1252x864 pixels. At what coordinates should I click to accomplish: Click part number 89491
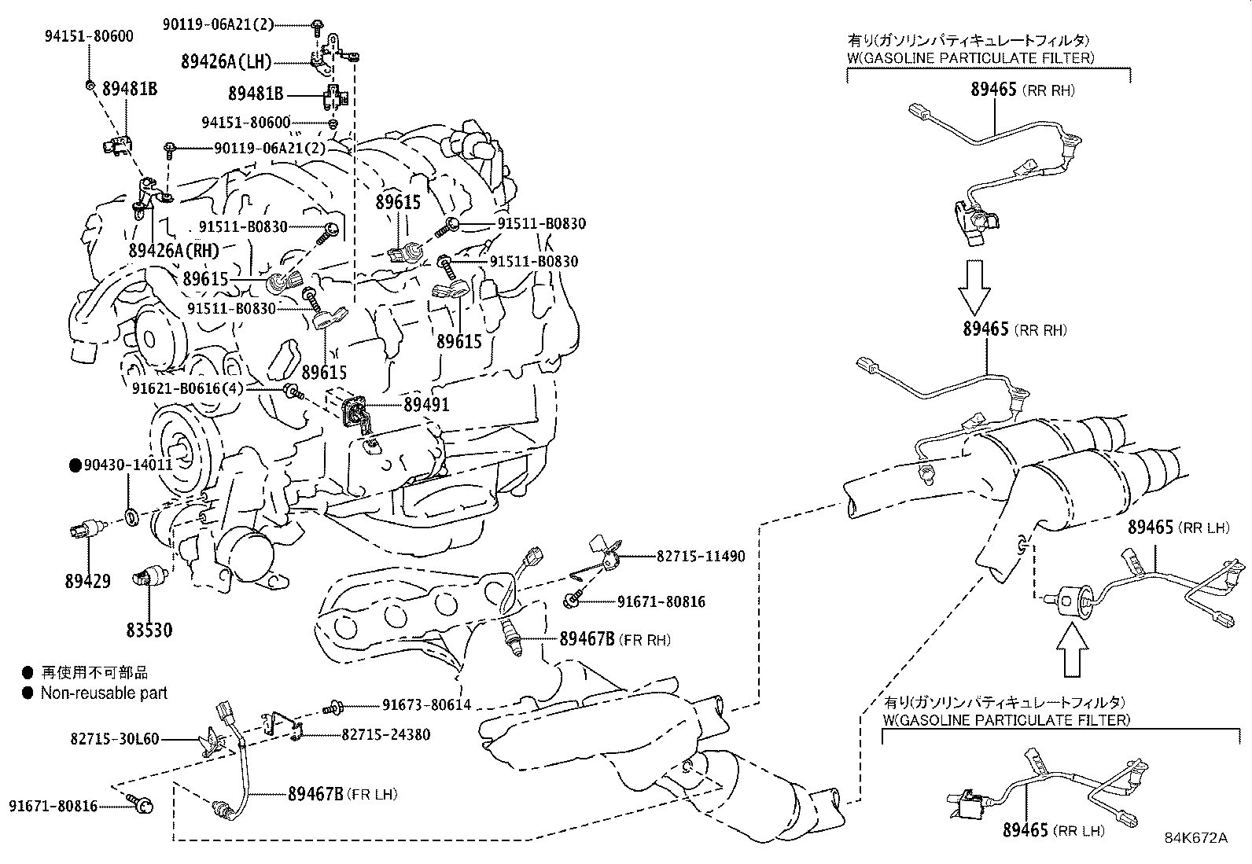tap(426, 405)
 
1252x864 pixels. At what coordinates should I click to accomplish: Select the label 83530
tap(149, 630)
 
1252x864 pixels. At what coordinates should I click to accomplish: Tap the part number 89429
tap(87, 582)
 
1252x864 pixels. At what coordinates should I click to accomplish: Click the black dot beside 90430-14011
tap(76, 465)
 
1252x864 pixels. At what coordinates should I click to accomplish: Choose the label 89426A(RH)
tap(174, 251)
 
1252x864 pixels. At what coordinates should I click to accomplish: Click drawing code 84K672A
tap(1195, 837)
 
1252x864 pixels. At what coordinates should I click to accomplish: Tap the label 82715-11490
tap(701, 556)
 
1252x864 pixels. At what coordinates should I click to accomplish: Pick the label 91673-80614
tap(427, 705)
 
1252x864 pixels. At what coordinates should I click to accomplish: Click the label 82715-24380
tap(386, 734)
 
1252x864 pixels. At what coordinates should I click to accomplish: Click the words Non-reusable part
tap(104, 693)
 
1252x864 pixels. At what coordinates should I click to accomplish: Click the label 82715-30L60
tap(114, 739)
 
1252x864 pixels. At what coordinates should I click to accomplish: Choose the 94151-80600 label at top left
tap(88, 35)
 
